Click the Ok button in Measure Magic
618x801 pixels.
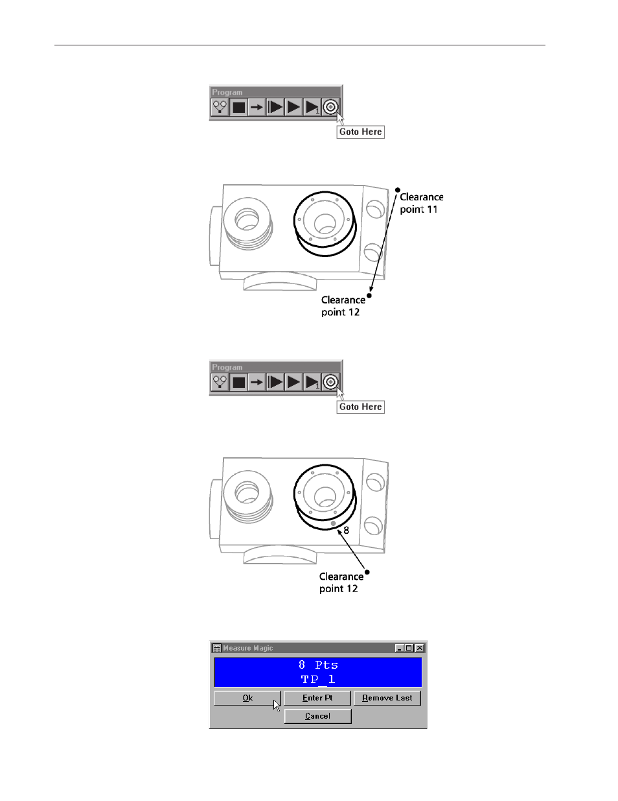(x=247, y=698)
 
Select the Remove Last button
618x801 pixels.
(x=387, y=698)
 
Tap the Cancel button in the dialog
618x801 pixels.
(x=317, y=716)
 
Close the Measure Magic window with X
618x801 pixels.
(x=420, y=648)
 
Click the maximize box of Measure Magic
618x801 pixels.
(x=409, y=648)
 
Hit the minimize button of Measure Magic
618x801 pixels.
(x=399, y=648)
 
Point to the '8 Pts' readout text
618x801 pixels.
(x=318, y=665)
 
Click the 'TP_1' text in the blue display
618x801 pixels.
(x=318, y=679)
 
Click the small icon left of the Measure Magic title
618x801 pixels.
(x=217, y=648)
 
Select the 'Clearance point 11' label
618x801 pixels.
(x=421, y=203)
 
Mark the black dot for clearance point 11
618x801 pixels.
(x=398, y=190)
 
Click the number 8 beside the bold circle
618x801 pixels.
(x=346, y=530)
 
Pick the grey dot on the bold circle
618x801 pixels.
(x=333, y=523)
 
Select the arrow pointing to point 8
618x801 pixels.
(x=350, y=549)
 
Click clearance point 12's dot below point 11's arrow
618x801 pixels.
(x=369, y=295)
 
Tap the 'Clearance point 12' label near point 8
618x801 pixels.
(x=341, y=582)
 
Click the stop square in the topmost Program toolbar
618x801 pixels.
(x=238, y=107)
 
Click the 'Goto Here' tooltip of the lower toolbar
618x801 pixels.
(x=360, y=407)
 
